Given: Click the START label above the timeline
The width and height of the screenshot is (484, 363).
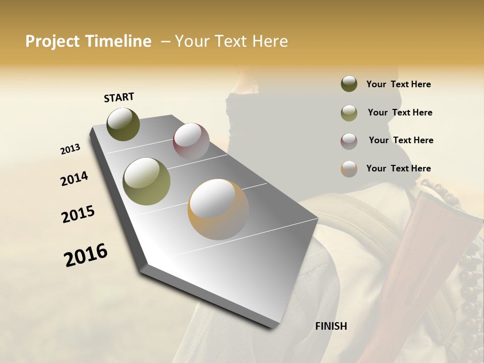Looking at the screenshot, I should (119, 97).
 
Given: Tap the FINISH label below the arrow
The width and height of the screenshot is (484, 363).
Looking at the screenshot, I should (331, 326).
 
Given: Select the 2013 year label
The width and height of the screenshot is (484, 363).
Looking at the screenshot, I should (71, 149).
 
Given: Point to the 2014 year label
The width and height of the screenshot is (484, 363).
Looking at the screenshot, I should (75, 178).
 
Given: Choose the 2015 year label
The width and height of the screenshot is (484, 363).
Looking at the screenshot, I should (78, 214).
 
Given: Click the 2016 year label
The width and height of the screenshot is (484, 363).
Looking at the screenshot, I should (86, 255).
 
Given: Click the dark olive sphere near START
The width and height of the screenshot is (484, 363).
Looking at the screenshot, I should (123, 124).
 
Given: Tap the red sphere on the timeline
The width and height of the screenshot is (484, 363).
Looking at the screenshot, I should (191, 141).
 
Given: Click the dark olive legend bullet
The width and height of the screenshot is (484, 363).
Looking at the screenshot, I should (349, 84).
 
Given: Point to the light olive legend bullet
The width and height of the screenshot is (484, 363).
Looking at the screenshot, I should (349, 113).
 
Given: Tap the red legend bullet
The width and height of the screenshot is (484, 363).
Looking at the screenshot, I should (349, 141).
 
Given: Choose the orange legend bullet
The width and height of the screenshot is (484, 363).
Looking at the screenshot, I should (349, 169).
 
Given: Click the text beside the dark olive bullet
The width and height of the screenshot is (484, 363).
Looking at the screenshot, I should (398, 84).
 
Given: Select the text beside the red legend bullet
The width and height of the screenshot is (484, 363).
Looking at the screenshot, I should (401, 140).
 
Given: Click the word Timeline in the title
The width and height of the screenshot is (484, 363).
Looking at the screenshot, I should (119, 41).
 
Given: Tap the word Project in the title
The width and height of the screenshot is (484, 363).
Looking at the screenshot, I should (52, 41).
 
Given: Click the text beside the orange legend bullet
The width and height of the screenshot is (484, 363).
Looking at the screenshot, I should (398, 168).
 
